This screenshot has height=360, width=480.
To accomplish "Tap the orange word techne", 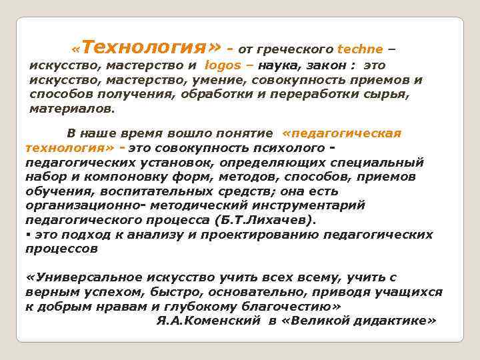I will coord(360,49).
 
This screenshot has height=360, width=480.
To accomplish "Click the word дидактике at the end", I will coord(391,321).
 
